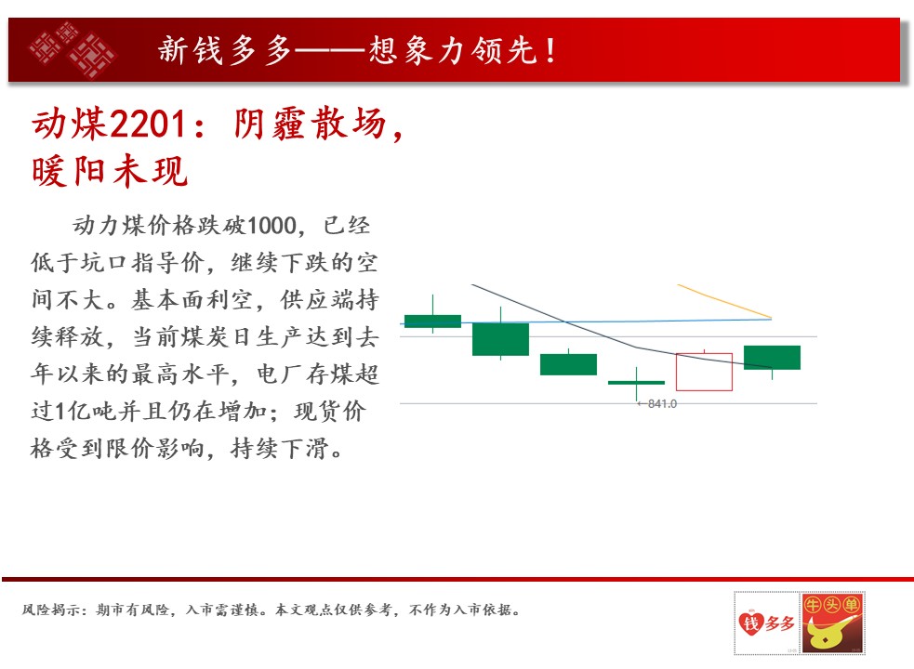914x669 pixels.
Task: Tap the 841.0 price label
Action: coord(662,404)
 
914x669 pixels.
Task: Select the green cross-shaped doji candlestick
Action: coord(636,383)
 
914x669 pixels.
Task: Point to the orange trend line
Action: coord(724,301)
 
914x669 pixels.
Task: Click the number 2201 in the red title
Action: coord(148,125)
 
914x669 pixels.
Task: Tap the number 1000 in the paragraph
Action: coord(272,226)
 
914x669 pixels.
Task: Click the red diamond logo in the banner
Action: coord(73,50)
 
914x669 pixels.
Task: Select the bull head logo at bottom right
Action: coord(832,623)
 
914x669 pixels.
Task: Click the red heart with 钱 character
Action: coord(750,623)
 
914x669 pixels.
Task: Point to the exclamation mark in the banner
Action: coord(550,50)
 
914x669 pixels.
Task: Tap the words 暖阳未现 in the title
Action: coord(110,172)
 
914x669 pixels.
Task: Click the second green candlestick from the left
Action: coord(500,338)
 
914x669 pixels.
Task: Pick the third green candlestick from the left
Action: coord(568,363)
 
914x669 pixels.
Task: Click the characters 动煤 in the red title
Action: coord(70,125)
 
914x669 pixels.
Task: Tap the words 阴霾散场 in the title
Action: coord(310,125)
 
